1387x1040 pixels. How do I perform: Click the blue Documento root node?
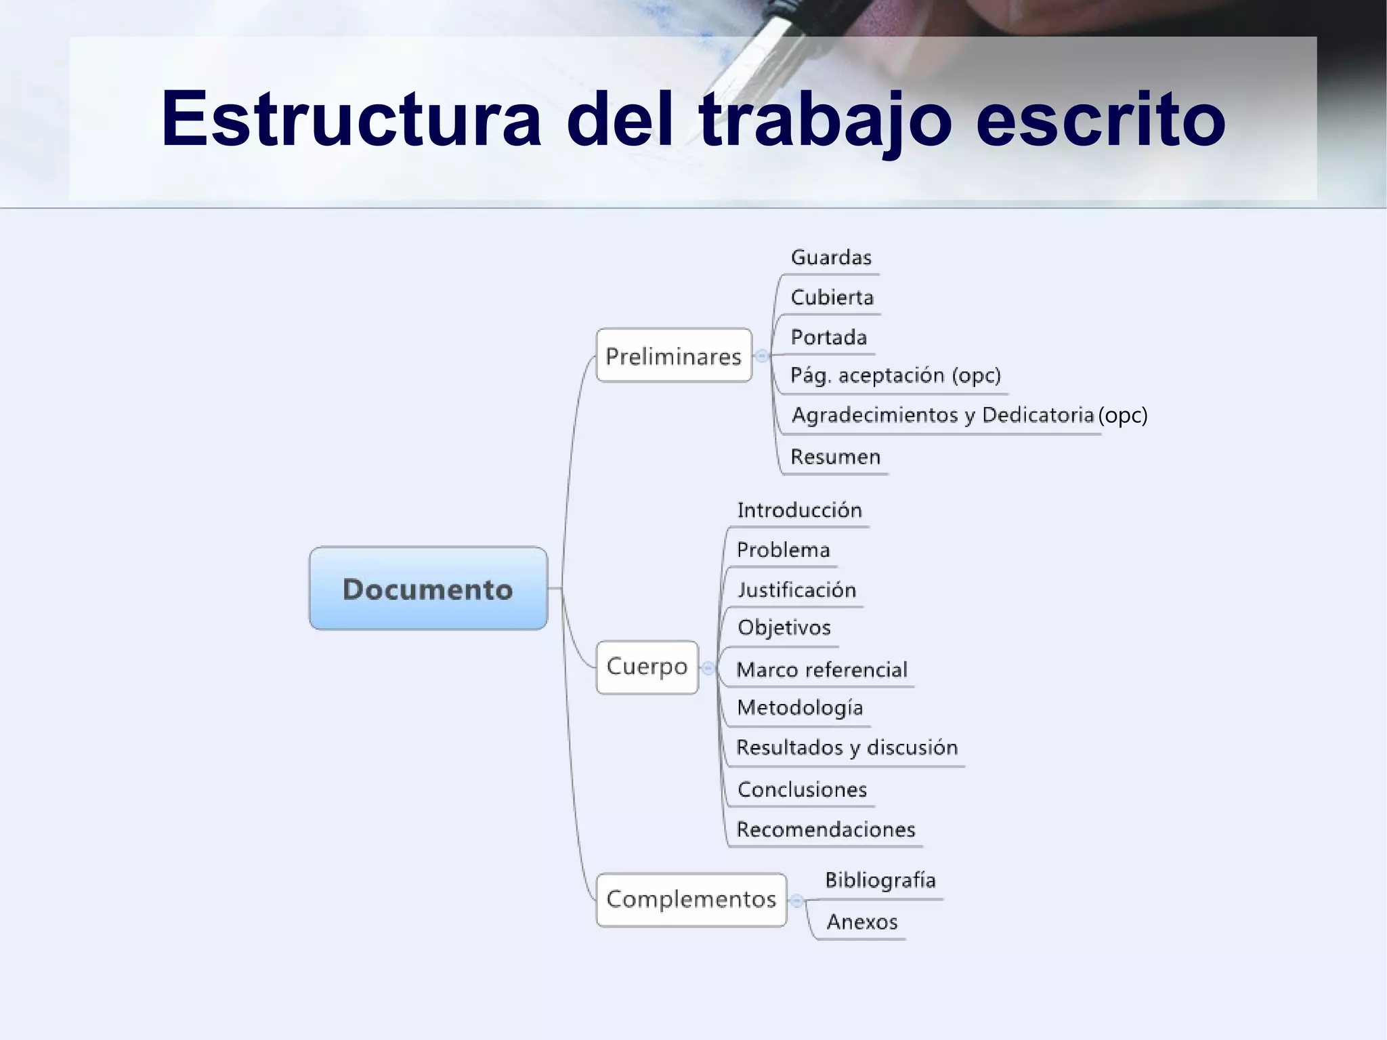click(428, 589)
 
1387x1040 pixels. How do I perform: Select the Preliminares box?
click(674, 356)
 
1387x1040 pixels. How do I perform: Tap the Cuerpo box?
click(647, 667)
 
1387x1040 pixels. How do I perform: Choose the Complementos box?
click(691, 899)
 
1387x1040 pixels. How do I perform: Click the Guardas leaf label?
click(831, 257)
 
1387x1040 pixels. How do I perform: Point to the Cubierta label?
click(832, 297)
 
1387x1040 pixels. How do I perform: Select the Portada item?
click(828, 337)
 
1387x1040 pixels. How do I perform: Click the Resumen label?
click(835, 457)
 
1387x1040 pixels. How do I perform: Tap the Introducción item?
click(799, 510)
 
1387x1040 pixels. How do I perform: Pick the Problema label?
click(783, 549)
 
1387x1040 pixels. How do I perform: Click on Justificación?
click(796, 589)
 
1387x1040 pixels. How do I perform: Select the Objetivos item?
click(784, 627)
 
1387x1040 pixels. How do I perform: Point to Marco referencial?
click(821, 670)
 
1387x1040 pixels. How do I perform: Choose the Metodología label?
click(800, 708)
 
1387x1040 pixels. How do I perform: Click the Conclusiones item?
click(802, 789)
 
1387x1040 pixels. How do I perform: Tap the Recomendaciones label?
click(826, 829)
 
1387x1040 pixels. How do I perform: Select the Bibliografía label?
click(880, 880)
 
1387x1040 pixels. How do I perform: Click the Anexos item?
click(861, 921)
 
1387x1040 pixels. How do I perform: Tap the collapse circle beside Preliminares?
click(762, 356)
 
